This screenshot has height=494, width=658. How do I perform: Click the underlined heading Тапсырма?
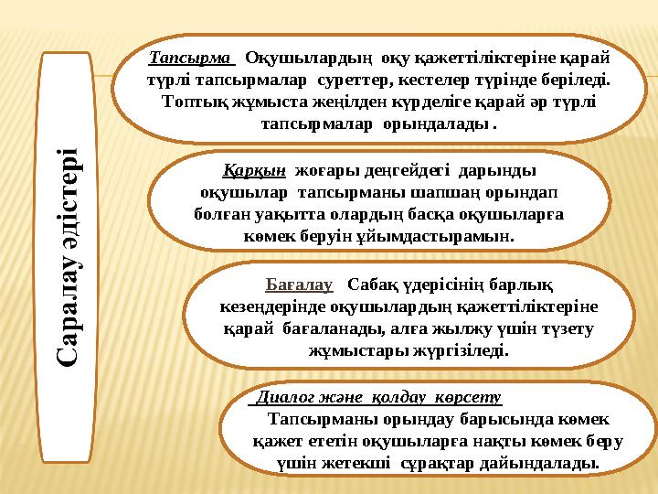(x=189, y=58)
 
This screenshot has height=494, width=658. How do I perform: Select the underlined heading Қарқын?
(x=254, y=170)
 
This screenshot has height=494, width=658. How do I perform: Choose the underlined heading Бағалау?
(x=292, y=284)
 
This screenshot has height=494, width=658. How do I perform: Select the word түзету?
(x=567, y=328)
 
